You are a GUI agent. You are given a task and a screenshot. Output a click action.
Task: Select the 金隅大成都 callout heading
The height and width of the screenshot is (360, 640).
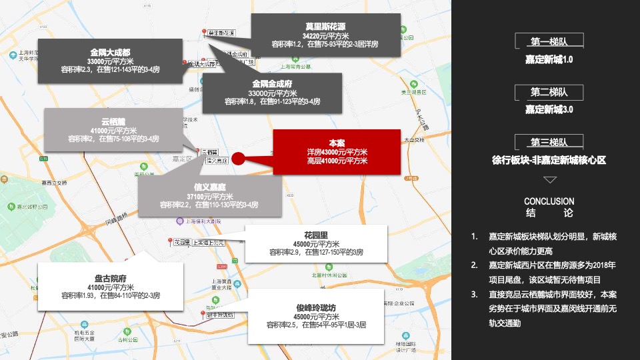click(x=110, y=51)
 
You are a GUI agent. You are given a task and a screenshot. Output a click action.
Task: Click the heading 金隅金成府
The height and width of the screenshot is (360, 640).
click(x=272, y=84)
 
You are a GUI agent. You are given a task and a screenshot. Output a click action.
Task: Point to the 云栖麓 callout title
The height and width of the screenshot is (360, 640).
click(x=113, y=121)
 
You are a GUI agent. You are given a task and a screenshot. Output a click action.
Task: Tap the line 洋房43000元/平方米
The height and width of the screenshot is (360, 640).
click(x=337, y=152)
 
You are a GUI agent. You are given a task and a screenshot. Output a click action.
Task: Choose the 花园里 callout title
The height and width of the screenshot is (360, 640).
click(x=316, y=235)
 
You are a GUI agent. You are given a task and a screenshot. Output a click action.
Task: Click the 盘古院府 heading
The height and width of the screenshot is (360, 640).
click(x=110, y=277)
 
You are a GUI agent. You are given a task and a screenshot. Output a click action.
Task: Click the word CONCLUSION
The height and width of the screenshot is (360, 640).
click(x=549, y=201)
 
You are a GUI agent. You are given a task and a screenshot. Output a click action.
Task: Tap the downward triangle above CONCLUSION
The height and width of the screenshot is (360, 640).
click(x=549, y=180)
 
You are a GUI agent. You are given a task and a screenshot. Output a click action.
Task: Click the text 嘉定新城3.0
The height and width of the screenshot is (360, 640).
click(x=549, y=109)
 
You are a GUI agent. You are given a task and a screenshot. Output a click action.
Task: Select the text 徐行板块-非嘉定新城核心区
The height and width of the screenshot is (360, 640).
click(x=549, y=160)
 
